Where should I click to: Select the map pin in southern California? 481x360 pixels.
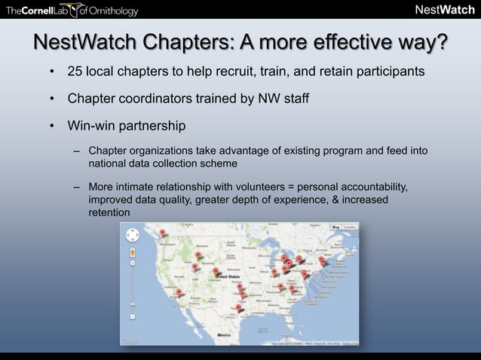pyautogui.click(x=179, y=293)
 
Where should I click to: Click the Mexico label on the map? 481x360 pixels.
pyautogui.click(x=224, y=331)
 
